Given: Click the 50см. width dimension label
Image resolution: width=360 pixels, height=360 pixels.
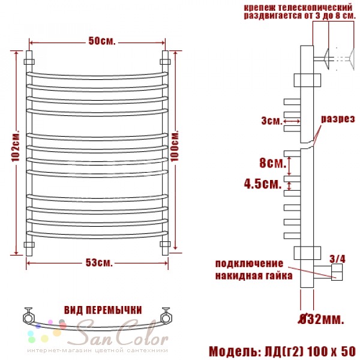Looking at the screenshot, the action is point(102,41).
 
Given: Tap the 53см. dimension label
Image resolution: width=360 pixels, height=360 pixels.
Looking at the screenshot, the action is point(99,263).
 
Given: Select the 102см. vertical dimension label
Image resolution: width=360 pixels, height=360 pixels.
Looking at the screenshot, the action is point(16,146).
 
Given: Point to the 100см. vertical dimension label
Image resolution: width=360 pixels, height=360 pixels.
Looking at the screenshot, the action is point(175,146).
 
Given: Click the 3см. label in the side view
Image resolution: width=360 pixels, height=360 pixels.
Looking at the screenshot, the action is point(272,121).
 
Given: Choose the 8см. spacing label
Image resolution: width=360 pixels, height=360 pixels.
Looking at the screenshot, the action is point(273,163).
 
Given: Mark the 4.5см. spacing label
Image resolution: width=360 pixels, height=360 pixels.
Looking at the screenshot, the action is point(263,184).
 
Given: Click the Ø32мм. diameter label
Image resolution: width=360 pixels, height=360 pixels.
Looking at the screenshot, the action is point(321,319).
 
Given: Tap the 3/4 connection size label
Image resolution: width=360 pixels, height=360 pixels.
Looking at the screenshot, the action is point(337,259).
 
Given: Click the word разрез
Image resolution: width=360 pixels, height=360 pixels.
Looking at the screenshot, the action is point(338,119).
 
